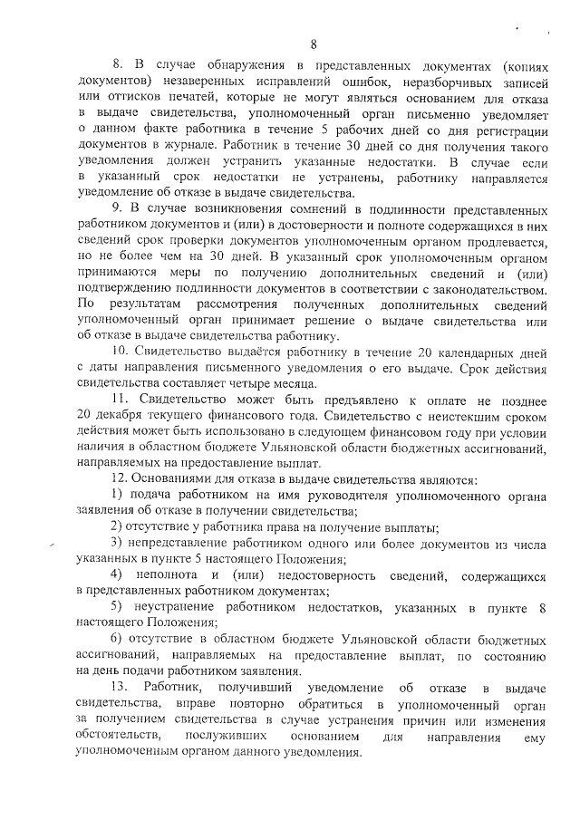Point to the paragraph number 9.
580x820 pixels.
[119, 211]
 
